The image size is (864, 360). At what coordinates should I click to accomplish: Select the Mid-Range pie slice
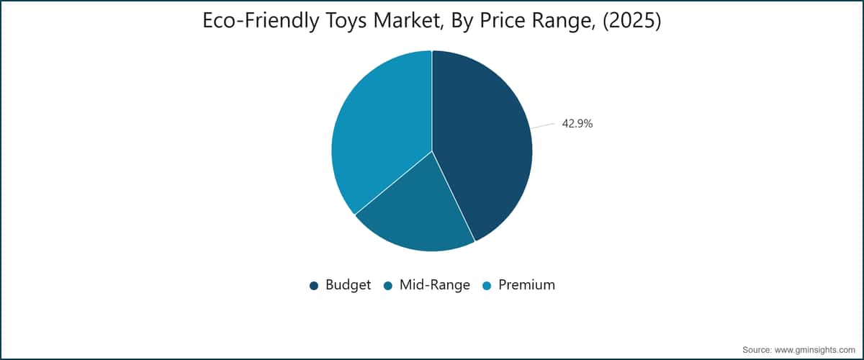[x=415, y=216]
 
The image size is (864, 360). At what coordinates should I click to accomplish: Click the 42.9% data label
[x=577, y=123]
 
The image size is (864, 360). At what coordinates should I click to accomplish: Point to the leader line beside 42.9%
[x=543, y=126]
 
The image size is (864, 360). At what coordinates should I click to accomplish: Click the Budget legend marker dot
[x=314, y=286]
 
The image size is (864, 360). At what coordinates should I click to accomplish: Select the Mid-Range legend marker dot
[x=388, y=286]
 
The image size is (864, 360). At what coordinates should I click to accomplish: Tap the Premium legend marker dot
[x=487, y=286]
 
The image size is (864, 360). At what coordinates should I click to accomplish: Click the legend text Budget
[x=348, y=285]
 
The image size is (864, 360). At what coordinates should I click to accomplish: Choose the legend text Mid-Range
[x=435, y=285]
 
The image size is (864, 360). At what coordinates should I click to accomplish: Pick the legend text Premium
[x=526, y=284]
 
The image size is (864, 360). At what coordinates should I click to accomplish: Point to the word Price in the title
[x=503, y=20]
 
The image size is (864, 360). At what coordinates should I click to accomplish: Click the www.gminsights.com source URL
[x=814, y=350]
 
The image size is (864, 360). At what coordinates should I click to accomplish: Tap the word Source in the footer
[x=757, y=350]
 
